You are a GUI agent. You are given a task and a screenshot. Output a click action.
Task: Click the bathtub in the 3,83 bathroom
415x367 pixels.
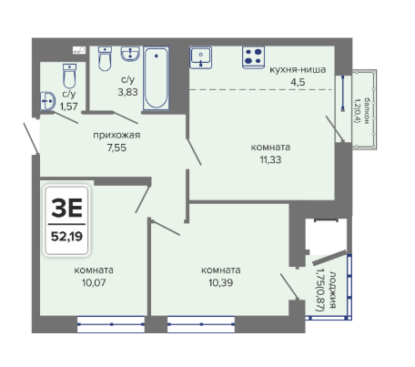point(157,78)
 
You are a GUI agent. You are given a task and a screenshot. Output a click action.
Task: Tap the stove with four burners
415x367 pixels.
point(253,57)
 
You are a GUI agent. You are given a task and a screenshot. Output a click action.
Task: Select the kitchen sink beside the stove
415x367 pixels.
point(201,57)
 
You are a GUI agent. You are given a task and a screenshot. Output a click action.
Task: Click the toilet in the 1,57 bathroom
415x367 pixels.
point(70,76)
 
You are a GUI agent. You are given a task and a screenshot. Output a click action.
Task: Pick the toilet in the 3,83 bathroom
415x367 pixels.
point(105,58)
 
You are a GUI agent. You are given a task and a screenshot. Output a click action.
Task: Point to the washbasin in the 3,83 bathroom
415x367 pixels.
point(130,54)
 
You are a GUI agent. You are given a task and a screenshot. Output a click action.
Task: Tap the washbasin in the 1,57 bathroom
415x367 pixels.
point(48,101)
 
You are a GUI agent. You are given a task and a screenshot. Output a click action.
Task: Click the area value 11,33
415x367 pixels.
point(270,159)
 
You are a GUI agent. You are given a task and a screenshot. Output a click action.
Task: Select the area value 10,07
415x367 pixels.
point(94,282)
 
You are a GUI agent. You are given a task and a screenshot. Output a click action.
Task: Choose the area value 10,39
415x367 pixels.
point(220,282)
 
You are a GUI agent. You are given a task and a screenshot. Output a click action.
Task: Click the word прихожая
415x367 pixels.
point(116,135)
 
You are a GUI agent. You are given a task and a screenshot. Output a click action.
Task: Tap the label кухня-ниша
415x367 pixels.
point(298,69)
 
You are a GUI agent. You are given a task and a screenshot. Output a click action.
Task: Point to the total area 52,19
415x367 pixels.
point(66,236)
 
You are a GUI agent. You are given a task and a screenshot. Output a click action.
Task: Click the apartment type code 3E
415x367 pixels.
point(66,208)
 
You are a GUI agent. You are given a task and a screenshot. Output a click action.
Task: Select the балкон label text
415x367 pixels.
point(367,110)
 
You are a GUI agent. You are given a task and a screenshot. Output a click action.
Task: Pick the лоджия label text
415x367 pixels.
point(332,290)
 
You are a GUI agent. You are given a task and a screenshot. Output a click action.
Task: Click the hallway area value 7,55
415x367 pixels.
point(116,148)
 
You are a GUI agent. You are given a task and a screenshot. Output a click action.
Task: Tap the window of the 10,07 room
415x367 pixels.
point(111,324)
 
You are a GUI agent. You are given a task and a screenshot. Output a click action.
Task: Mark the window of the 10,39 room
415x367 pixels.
point(201,324)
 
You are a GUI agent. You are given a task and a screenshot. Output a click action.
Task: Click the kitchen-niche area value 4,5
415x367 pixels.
point(298,82)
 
